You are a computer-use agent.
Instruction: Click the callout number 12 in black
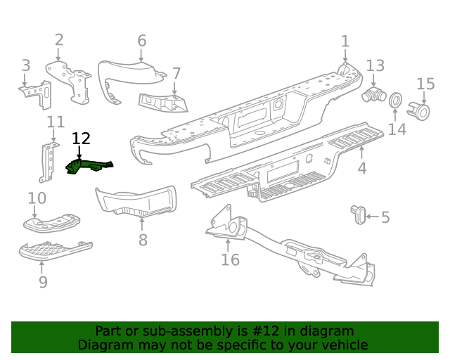[x=82, y=139]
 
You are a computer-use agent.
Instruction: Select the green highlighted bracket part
[x=87, y=167]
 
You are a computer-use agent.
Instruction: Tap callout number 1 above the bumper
[x=345, y=41]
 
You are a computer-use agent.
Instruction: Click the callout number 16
[x=230, y=260]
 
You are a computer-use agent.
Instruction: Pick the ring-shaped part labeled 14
[x=396, y=101]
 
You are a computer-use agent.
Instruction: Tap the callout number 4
[x=362, y=169]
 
